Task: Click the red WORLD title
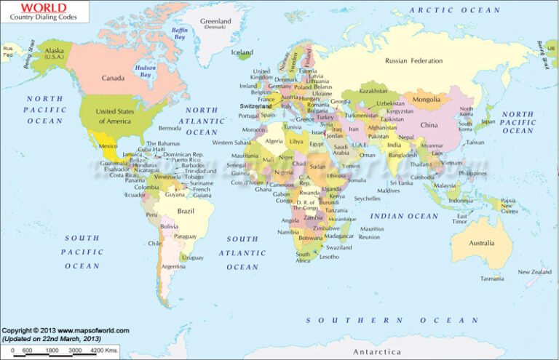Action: (x=29, y=9)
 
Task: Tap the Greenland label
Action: (x=215, y=22)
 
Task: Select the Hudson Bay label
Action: (x=146, y=71)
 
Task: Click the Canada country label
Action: (x=113, y=78)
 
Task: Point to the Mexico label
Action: (x=108, y=146)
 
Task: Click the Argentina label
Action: (x=173, y=266)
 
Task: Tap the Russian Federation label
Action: (x=413, y=61)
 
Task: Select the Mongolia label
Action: (x=427, y=99)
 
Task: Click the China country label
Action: (x=429, y=125)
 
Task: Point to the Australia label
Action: (x=481, y=243)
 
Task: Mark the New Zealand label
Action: (x=534, y=272)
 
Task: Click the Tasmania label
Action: (x=492, y=279)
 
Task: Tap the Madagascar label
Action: (x=339, y=236)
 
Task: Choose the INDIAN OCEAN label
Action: (x=404, y=216)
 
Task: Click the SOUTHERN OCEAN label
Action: (x=392, y=320)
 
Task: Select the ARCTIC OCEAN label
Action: (x=455, y=10)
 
